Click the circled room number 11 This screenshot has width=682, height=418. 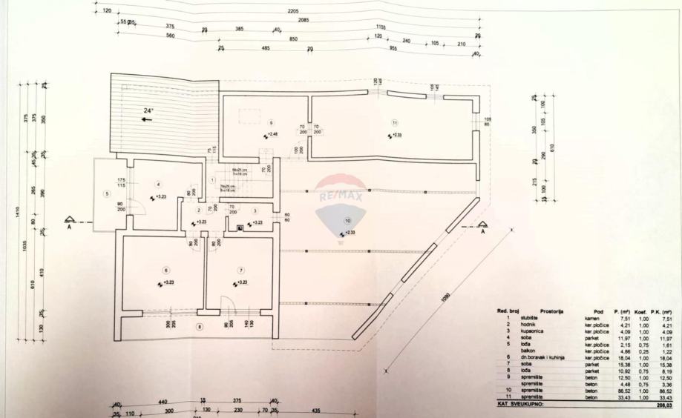396,122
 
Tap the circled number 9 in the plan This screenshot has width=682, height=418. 272,122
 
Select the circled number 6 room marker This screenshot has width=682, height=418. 165,270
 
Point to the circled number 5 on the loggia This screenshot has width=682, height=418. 107,194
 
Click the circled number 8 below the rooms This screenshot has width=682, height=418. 198,327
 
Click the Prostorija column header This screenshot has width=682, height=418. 554,311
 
